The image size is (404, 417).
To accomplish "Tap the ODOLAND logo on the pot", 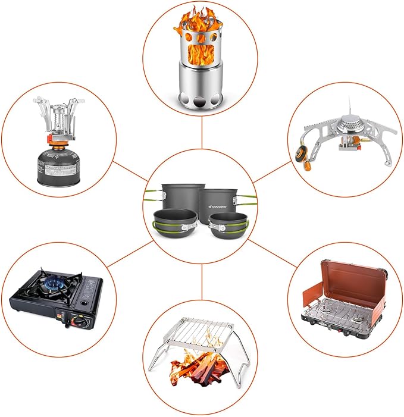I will point(221,205).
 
